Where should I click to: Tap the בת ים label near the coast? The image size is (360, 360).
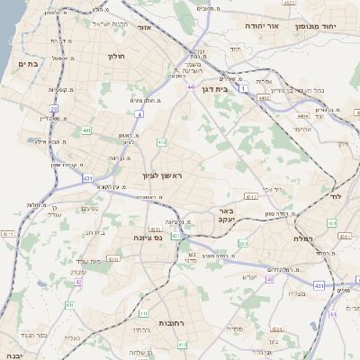[26, 63]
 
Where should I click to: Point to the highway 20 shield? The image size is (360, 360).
[54, 109]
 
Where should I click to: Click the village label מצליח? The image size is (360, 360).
[317, 294]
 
